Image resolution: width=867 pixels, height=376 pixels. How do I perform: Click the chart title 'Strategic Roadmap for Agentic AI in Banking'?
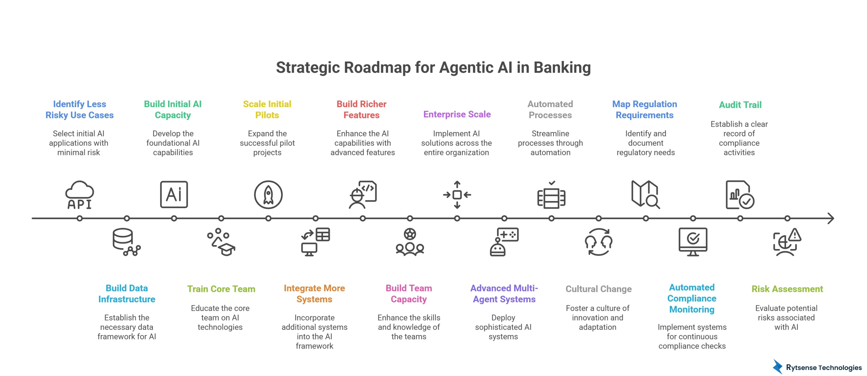[433, 67]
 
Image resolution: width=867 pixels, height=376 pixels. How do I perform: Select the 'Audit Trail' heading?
[740, 105]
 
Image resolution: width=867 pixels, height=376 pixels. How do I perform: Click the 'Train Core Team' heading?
[221, 289]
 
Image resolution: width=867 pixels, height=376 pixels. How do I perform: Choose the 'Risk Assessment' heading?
[787, 289]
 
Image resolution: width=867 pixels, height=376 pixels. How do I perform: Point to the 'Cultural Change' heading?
[598, 289]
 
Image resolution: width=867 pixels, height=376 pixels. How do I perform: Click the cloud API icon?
[79, 195]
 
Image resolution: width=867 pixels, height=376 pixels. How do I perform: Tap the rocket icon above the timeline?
[268, 195]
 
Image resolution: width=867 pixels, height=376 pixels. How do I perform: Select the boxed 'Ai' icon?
[174, 194]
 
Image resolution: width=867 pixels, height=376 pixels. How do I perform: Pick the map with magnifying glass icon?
[645, 194]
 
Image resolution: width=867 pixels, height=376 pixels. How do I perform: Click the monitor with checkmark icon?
[693, 242]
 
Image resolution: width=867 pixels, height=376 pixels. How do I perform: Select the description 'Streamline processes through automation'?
[550, 143]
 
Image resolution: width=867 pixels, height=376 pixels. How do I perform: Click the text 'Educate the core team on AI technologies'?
[220, 317]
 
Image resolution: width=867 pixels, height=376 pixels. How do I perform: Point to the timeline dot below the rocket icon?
[268, 218]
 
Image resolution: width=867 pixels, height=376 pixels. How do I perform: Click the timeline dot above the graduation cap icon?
[221, 218]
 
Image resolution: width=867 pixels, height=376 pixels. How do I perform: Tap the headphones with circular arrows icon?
[598, 242]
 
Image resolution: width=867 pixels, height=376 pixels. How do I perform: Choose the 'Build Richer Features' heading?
[362, 110]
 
